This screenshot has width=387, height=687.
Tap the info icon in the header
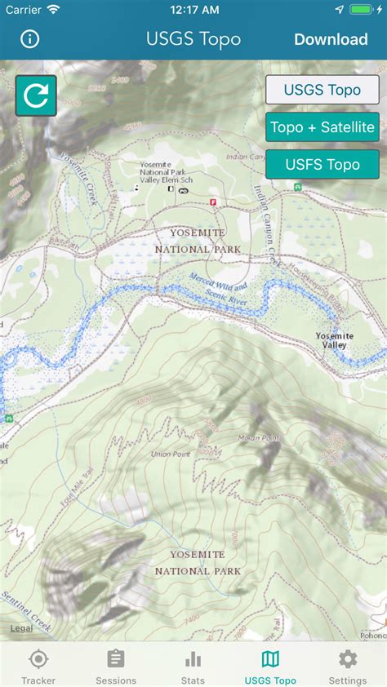[x=30, y=39]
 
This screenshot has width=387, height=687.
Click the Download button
[x=331, y=39]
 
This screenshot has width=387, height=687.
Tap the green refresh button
[x=36, y=95]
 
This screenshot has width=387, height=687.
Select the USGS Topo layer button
[x=322, y=90]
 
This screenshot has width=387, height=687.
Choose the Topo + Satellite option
[x=322, y=126]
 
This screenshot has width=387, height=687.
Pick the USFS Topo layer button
[x=322, y=164]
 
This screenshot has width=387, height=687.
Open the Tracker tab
[x=38, y=665]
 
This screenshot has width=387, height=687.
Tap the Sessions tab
[x=116, y=665]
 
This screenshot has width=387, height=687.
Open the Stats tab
[x=193, y=665]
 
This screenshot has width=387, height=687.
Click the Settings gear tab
[x=348, y=665]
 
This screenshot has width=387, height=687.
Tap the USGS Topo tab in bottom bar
[x=270, y=665]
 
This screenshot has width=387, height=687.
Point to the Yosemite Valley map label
[x=331, y=340]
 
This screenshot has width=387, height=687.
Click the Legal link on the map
[x=21, y=628]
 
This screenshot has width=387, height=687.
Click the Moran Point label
[x=260, y=438]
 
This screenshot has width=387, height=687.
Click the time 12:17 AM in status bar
[x=193, y=10]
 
